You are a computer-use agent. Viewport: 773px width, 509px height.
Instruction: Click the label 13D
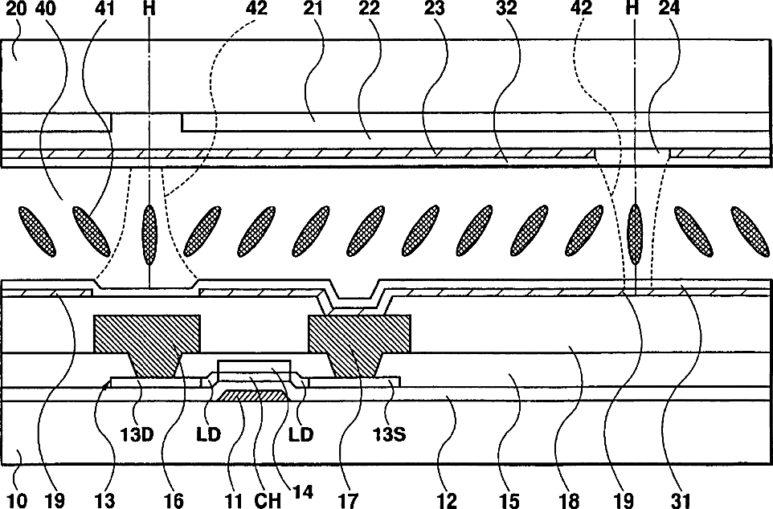[136, 434]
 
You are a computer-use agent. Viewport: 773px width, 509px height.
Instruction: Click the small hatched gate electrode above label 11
[252, 396]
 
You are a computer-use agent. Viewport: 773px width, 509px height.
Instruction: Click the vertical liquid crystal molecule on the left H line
[149, 234]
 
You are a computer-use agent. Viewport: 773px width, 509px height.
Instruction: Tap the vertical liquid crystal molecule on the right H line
[636, 234]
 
